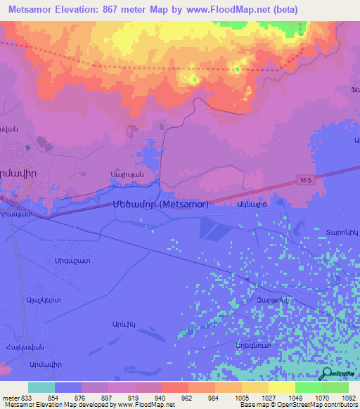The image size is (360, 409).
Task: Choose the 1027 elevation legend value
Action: (269, 397)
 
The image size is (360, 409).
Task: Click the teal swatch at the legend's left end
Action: (41, 387)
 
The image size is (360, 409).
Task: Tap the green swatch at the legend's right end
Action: (335, 387)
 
